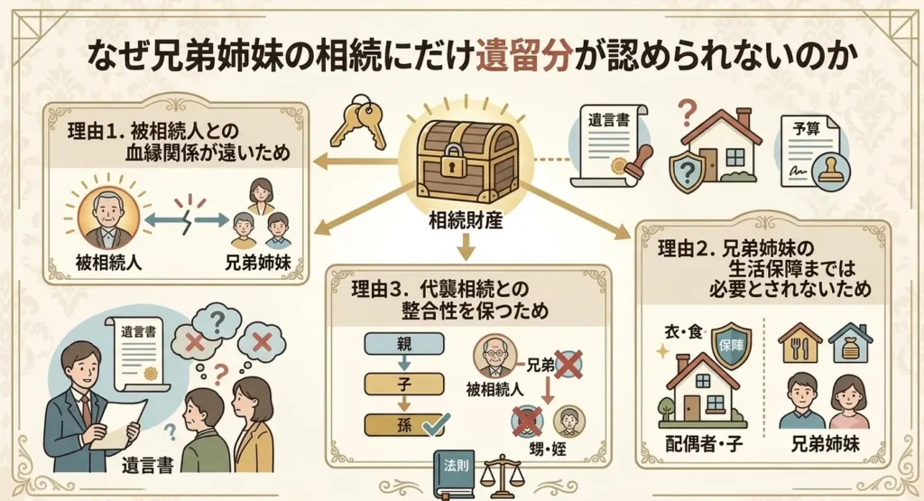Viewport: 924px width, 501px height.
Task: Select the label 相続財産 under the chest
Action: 466,220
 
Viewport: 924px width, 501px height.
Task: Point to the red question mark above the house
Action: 687,111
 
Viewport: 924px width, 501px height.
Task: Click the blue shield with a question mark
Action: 688,171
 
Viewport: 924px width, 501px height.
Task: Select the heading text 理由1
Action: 94,131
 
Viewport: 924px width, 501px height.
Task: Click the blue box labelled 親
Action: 404,344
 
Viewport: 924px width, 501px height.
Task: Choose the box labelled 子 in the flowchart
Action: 404,385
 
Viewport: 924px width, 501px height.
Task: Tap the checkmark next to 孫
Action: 437,423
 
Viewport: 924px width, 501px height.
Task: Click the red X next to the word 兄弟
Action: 568,365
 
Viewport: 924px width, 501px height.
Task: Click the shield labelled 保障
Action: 731,345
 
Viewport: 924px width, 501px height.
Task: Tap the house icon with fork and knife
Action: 799,343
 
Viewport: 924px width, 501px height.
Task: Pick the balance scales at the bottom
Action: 502,476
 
